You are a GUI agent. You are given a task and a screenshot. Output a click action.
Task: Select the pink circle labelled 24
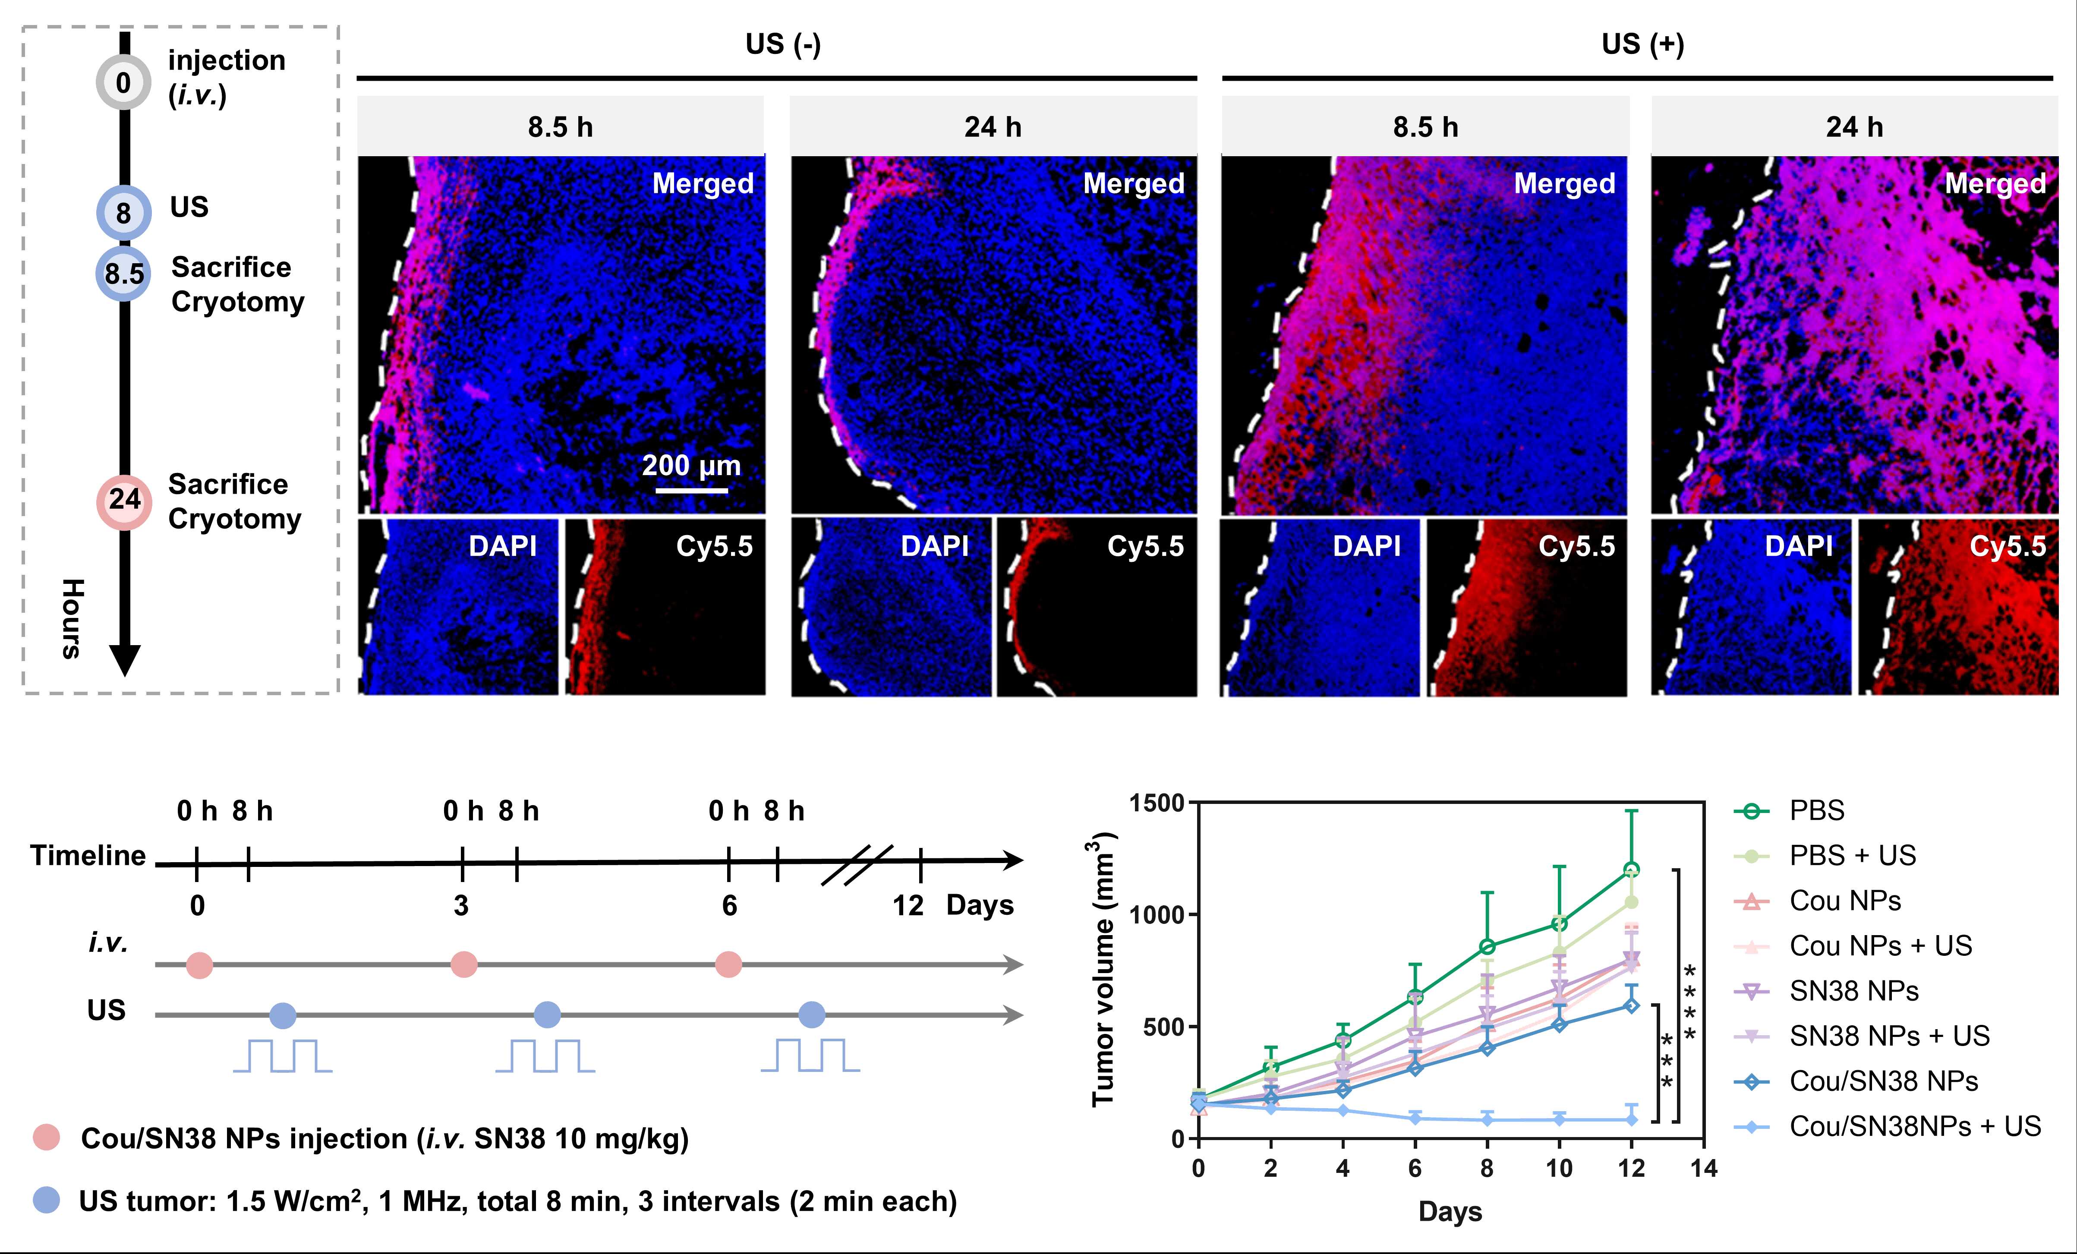coord(124,500)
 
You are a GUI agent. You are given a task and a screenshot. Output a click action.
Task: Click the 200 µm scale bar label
coord(691,465)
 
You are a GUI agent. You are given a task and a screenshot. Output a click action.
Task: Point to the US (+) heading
coord(1642,44)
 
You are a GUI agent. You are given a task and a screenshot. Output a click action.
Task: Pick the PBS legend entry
coord(1816,811)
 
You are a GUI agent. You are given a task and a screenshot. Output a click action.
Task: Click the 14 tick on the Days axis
coord(1703,1168)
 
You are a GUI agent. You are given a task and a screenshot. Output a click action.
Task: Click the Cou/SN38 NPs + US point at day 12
coord(1631,1119)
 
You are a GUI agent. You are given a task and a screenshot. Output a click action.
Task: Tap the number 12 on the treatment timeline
coord(908,906)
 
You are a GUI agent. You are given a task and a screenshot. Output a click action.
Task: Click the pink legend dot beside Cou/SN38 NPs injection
coord(46,1137)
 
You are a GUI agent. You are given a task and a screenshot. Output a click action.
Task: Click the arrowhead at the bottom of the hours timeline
coord(125,660)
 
